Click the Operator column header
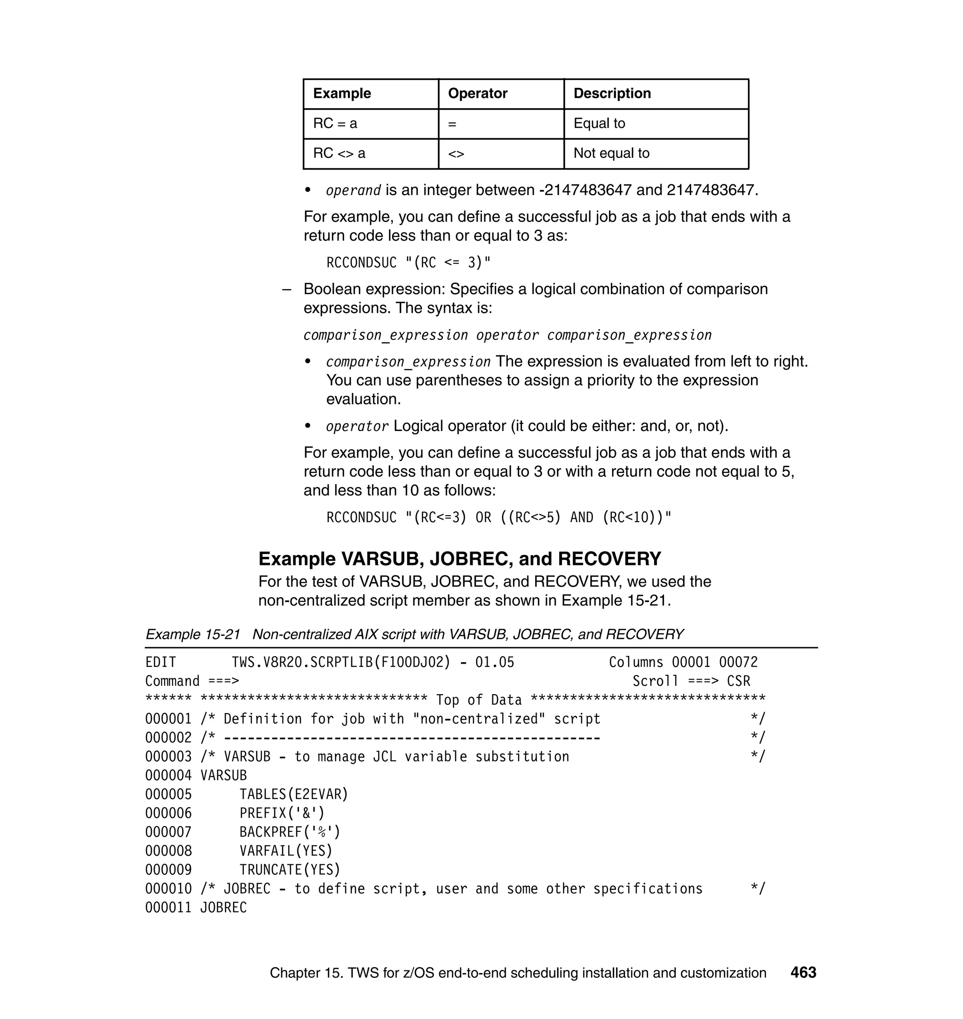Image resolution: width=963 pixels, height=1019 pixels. pyautogui.click(x=477, y=94)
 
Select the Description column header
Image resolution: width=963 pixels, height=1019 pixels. pyautogui.click(x=612, y=94)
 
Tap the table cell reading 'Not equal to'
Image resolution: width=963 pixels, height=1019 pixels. pyautogui.click(x=611, y=153)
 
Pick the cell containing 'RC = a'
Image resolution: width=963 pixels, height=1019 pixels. pyautogui.click(x=335, y=124)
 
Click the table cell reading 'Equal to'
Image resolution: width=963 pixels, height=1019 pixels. pyautogui.click(x=599, y=124)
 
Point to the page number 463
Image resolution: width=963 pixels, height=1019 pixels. pyautogui.click(x=803, y=972)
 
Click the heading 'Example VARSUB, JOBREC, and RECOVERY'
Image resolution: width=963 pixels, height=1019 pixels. pyautogui.click(x=459, y=558)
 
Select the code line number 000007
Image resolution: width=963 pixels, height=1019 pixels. pyautogui.click(x=168, y=832)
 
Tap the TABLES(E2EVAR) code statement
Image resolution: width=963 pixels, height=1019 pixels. pyautogui.click(x=293, y=794)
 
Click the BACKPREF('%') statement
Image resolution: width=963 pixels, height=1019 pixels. pyautogui.click(x=290, y=832)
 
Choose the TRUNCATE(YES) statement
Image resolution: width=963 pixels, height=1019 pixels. pyautogui.click(x=290, y=870)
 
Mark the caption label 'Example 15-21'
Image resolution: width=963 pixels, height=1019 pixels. pyautogui.click(x=192, y=635)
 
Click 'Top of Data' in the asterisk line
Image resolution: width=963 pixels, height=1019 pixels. pyautogui.click(x=478, y=700)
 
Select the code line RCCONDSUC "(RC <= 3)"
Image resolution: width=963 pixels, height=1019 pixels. pyautogui.click(x=408, y=263)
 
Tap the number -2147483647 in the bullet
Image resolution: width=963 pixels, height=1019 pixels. pyautogui.click(x=584, y=190)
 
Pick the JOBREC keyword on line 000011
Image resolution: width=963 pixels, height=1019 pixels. pyautogui.click(x=223, y=908)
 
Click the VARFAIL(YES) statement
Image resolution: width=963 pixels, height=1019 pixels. pyautogui.click(x=286, y=851)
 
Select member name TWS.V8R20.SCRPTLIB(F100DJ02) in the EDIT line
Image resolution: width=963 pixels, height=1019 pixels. pyautogui.click(x=341, y=662)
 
